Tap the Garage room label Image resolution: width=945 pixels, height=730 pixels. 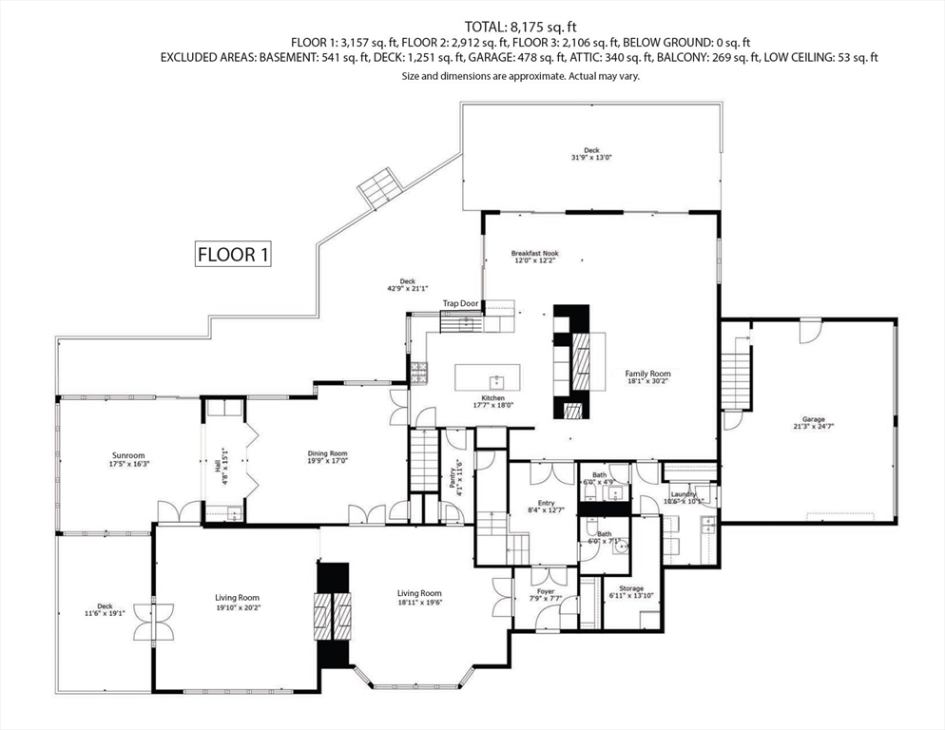coord(813,423)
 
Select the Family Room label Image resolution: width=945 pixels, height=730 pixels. coord(647,377)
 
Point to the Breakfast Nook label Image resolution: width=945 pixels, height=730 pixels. coord(534,257)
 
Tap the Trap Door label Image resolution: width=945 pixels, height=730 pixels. coord(460,304)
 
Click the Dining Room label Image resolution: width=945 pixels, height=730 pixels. coord(326,457)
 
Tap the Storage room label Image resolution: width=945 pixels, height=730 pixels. coord(631,592)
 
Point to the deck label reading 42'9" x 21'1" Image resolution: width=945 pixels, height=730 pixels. coord(407,284)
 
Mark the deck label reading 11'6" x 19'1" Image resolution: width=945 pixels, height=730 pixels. coord(105,609)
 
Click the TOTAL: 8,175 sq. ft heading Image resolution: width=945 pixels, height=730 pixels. coord(520,27)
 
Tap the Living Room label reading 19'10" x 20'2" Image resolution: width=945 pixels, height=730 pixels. coord(237,601)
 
